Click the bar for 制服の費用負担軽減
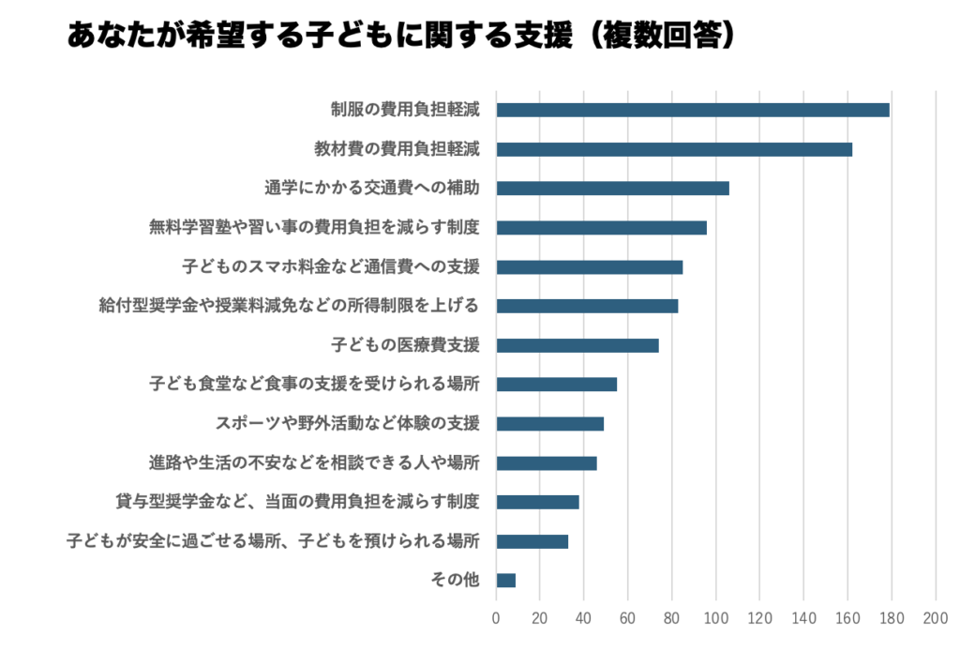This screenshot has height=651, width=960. (x=692, y=110)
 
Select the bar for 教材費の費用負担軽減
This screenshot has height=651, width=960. (x=673, y=149)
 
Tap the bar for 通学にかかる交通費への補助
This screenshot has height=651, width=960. (x=612, y=189)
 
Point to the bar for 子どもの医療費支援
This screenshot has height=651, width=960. (x=577, y=345)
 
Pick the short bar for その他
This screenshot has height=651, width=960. (x=505, y=580)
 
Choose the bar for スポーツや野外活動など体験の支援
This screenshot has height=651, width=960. (x=549, y=423)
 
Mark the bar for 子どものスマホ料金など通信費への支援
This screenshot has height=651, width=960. (x=589, y=267)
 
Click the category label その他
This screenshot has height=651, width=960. (x=455, y=580)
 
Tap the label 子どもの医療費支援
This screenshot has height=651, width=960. (x=405, y=345)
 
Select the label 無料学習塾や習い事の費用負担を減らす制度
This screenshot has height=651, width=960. (x=314, y=228)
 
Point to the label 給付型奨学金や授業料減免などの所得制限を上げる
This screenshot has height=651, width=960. (x=289, y=306)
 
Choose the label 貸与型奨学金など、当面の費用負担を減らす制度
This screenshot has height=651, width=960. (x=304, y=502)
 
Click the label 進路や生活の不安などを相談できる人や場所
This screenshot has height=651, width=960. (x=314, y=462)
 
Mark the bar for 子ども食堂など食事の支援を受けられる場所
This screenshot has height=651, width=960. (x=556, y=385)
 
